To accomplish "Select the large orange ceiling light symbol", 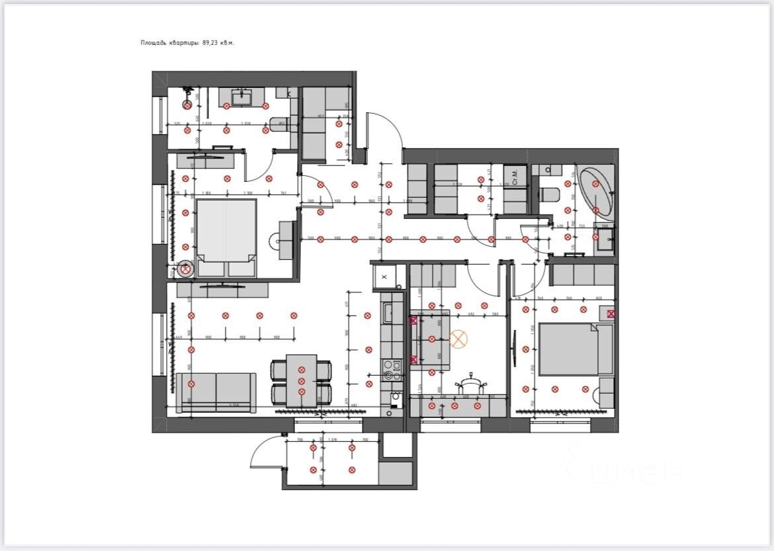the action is [458, 339].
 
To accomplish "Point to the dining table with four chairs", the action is [301, 381].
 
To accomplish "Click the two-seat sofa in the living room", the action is [216, 392].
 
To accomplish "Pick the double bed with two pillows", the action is [226, 237].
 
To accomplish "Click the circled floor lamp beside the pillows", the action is [186, 269].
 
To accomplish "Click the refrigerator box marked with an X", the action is [384, 276].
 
